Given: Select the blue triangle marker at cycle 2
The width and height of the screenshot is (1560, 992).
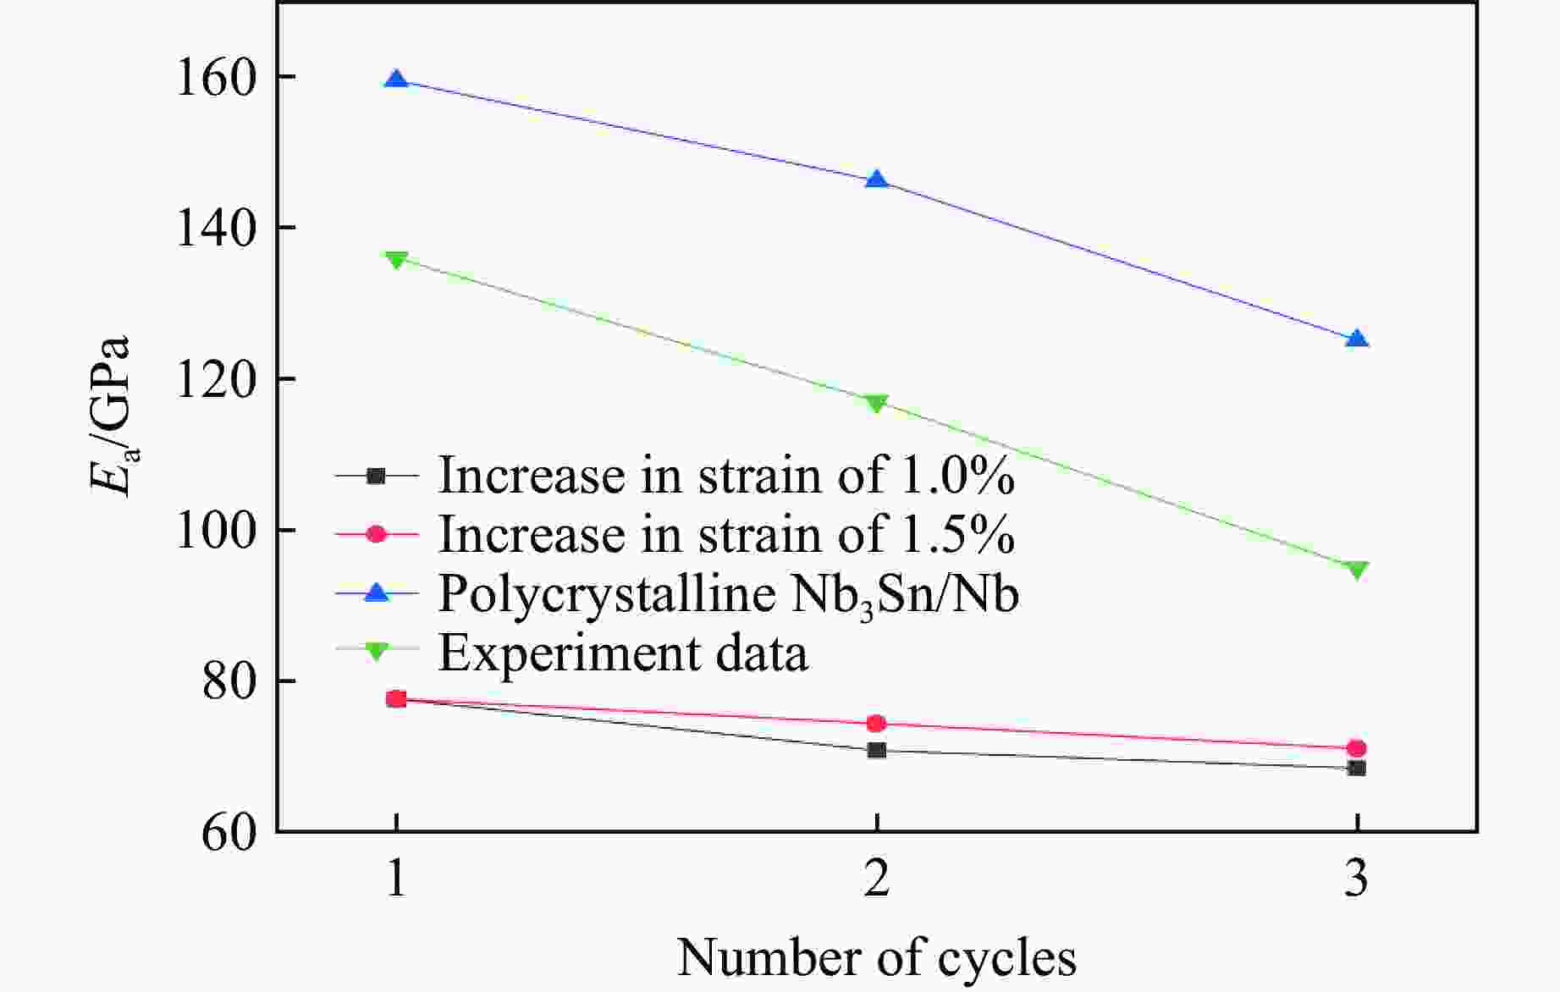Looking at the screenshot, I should click(x=877, y=180).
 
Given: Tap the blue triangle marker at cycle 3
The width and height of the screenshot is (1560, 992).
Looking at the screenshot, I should click(x=1357, y=339).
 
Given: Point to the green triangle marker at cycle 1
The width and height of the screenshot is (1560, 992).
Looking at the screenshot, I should click(x=396, y=259).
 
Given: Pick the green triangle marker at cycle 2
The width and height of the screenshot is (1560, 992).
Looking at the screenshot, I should click(x=877, y=403).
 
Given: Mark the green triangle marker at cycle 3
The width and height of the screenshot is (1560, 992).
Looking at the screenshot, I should click(x=1357, y=570).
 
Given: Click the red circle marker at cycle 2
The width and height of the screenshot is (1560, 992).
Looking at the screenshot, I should click(x=877, y=723).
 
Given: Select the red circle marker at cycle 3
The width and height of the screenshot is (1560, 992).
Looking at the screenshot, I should click(x=1357, y=748).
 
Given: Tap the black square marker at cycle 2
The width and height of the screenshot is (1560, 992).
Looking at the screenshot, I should click(x=877, y=750).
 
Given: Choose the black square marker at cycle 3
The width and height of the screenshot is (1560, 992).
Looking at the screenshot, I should click(x=1357, y=769).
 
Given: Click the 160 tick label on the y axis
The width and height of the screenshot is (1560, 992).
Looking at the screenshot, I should click(x=215, y=79).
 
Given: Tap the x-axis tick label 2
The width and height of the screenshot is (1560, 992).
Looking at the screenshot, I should click(x=877, y=880).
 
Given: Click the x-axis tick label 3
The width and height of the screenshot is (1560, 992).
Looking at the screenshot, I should click(x=1357, y=880).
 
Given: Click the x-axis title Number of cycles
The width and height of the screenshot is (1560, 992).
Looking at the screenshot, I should click(x=877, y=958).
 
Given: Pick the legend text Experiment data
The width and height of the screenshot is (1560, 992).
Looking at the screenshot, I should click(x=623, y=653).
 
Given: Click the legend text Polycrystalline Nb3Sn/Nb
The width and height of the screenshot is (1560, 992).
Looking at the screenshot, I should click(x=728, y=594).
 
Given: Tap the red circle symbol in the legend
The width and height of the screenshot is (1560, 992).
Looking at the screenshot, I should click(x=377, y=534).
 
